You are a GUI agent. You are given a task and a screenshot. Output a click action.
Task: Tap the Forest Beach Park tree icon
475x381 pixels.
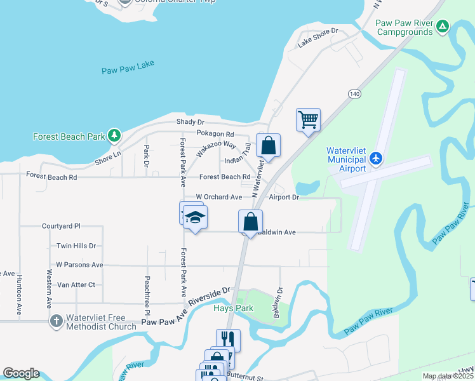click(114, 135)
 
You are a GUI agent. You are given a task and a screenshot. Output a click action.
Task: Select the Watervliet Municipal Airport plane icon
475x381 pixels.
click(376, 157)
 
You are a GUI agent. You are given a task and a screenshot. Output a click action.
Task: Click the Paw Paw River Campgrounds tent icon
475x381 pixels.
click(443, 27)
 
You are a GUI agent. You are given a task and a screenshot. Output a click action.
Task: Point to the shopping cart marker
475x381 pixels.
click(308, 119)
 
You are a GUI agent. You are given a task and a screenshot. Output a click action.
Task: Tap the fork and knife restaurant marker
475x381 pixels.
click(228, 340)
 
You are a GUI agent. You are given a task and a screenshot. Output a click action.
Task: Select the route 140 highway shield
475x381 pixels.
click(354, 93)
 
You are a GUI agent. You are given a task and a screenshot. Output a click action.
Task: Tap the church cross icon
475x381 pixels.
click(56, 321)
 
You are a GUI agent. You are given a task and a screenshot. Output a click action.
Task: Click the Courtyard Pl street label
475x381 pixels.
click(62, 226)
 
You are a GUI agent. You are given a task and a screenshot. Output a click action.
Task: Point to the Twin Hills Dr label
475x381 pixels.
click(76, 246)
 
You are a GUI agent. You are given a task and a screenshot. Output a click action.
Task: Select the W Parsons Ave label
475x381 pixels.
click(79, 265)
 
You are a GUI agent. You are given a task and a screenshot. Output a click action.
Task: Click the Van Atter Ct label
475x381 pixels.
click(76, 285)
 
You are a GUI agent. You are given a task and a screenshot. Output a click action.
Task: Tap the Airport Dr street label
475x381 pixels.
click(284, 197)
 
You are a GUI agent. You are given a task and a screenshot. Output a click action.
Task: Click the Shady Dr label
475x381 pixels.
click(191, 122)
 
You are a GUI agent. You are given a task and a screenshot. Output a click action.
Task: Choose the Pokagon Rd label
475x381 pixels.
click(215, 135)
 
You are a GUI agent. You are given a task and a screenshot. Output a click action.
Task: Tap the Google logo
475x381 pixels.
click(21, 373)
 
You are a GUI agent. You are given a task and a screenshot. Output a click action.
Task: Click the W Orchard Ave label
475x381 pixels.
click(219, 197)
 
